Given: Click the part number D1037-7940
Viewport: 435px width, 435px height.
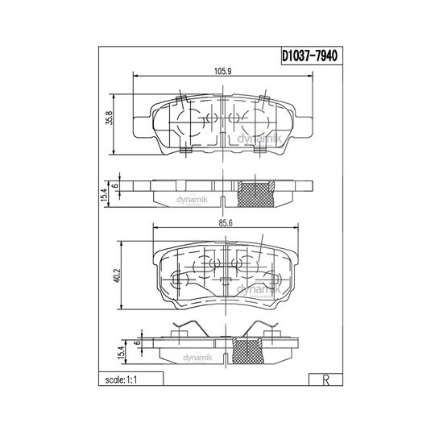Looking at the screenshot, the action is [x=309, y=56].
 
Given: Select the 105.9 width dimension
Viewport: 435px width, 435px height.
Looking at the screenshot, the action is [x=223, y=72].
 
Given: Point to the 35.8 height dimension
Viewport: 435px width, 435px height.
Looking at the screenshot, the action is [x=110, y=118].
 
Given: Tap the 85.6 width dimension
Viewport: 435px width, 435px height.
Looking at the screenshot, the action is [x=226, y=223].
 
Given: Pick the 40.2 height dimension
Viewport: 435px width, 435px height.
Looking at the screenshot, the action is [x=118, y=275].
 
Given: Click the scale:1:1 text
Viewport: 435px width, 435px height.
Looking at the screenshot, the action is [x=121, y=379].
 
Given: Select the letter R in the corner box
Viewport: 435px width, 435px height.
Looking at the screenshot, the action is [x=326, y=380].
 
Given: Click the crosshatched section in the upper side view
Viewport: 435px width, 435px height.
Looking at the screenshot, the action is [x=256, y=194].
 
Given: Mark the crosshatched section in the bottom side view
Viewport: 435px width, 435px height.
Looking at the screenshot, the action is [x=247, y=350].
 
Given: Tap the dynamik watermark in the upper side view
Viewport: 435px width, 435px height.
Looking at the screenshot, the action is [x=192, y=200].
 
